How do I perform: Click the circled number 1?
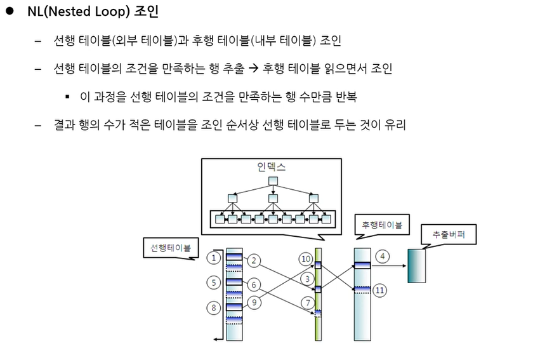[214, 258]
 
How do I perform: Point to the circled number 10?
[306, 258]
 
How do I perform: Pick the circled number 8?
[214, 307]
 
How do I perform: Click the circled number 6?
[253, 284]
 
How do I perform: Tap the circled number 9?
[253, 303]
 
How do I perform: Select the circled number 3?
[306, 277]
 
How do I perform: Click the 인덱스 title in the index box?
[272, 168]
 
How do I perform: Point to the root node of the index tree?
[273, 182]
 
